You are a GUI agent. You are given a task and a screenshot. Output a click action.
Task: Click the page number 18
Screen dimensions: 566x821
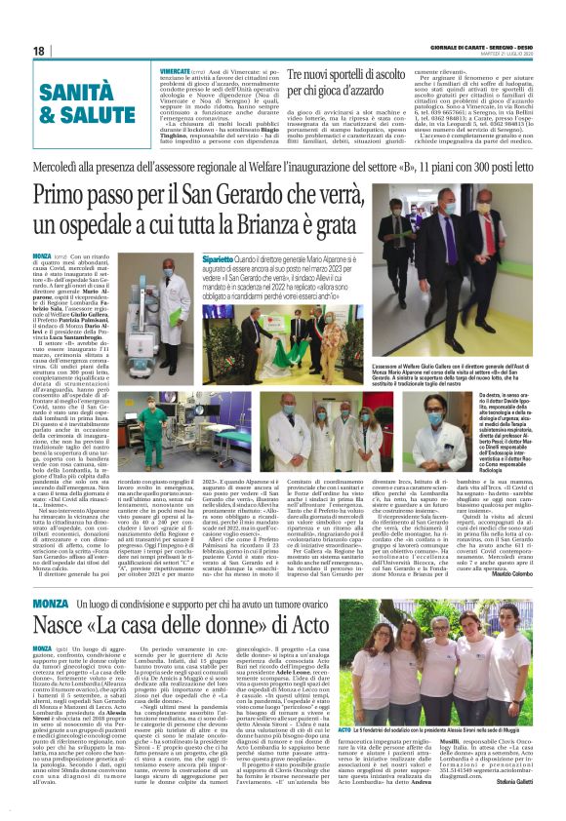click(x=39, y=50)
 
